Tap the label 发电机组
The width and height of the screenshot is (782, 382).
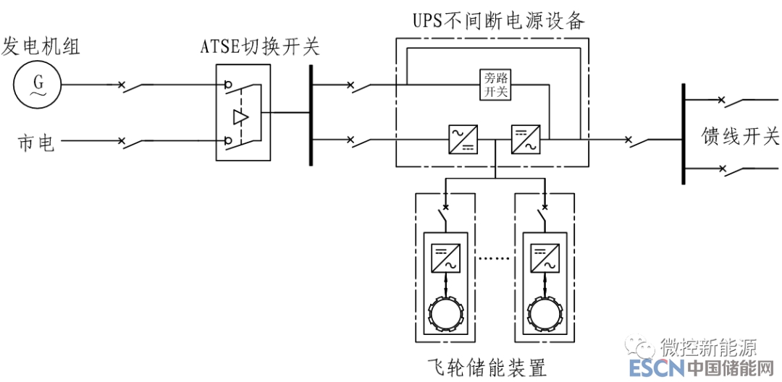pos(41,47)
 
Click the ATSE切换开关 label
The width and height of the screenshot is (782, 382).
pos(259,48)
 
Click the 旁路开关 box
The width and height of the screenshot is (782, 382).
pos(497,85)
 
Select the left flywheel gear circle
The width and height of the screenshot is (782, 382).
pos(445,313)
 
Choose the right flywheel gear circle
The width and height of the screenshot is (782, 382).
pos(544,313)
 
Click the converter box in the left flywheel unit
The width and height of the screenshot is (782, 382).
pos(445,258)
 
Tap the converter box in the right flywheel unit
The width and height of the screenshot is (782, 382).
pos(544,258)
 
